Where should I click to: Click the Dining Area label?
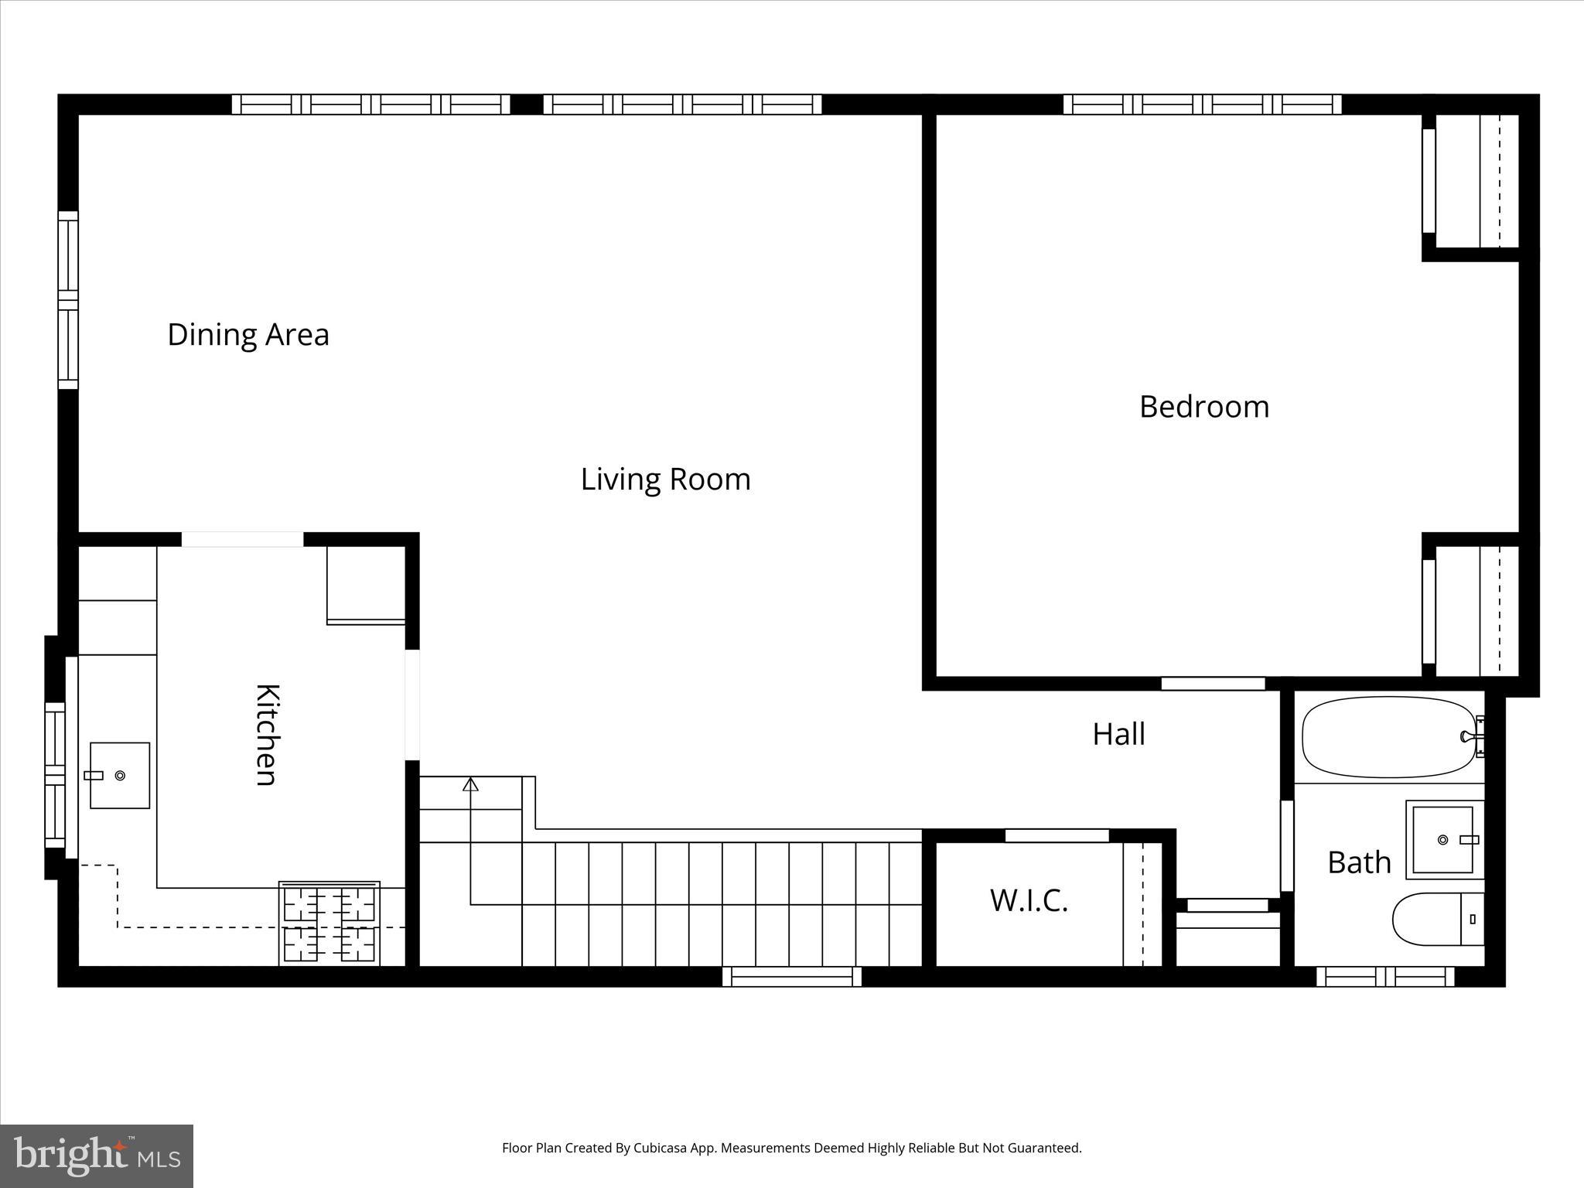click(248, 335)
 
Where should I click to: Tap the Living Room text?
click(665, 480)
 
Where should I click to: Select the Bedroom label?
click(1203, 407)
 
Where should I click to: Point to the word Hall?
click(1118, 734)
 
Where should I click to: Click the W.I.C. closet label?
click(1029, 901)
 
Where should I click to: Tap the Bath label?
click(1359, 862)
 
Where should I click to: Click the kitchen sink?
click(120, 775)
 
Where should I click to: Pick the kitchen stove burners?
click(329, 923)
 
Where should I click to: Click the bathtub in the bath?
click(1389, 737)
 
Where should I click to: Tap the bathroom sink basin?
click(1442, 839)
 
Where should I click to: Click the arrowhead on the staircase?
click(470, 784)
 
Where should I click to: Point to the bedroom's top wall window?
click(1202, 104)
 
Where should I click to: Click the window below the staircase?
click(791, 977)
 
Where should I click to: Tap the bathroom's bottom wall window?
click(1385, 977)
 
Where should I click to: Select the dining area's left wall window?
click(69, 300)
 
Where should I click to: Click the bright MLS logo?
click(97, 1156)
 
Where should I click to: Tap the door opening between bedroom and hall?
click(1213, 684)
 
